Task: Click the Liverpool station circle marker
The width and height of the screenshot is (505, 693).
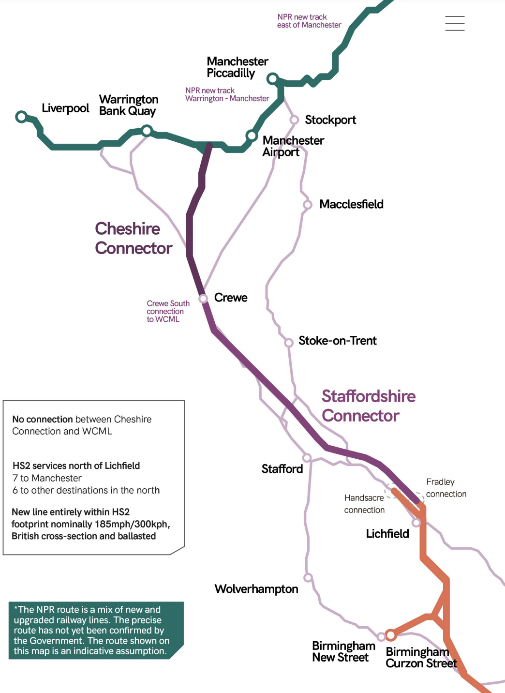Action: tap(21, 117)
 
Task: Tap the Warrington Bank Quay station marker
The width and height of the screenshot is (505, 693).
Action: tap(147, 130)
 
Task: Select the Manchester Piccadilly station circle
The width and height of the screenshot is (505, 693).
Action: tap(273, 78)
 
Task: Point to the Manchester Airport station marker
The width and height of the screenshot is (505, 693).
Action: tap(252, 136)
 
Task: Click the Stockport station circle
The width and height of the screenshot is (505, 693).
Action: tap(294, 120)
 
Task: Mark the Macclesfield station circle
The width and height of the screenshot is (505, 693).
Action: tap(308, 205)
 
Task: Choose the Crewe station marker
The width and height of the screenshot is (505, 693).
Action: tap(204, 298)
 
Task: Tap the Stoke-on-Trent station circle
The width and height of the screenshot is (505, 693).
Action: tap(289, 343)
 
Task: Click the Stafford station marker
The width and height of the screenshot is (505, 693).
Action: tap(307, 458)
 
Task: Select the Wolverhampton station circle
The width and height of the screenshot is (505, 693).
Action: tap(308, 578)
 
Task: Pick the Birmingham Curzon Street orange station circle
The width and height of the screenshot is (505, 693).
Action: tap(391, 634)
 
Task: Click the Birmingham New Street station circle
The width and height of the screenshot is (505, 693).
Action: tap(381, 637)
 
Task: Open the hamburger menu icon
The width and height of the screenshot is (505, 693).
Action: tap(455, 23)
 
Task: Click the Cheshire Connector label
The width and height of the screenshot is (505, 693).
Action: tap(134, 238)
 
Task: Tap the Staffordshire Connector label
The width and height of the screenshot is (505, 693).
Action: tap(369, 406)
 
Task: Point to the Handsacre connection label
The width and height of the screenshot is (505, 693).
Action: tap(364, 504)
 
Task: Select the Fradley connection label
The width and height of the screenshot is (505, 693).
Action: tap(446, 488)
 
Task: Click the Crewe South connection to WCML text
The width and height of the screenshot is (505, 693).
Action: tap(167, 311)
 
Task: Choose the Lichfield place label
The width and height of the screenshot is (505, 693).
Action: tap(387, 534)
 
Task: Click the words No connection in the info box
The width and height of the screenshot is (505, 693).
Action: tap(43, 419)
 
